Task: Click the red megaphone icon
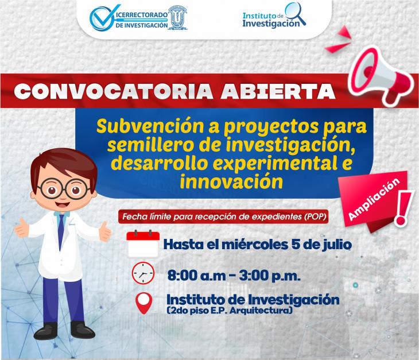381,76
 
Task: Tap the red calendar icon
143,243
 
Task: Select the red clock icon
143,273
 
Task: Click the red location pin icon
143,303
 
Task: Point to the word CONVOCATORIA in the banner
113,91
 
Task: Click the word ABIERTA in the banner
278,91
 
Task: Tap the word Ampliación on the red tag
374,199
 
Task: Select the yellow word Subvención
150,126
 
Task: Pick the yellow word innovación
231,182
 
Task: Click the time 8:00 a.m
196,276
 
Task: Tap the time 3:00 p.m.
270,276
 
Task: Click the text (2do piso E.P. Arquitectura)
229,311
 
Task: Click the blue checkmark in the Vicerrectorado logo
103,17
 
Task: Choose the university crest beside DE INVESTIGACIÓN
177,17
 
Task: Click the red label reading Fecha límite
223,216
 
